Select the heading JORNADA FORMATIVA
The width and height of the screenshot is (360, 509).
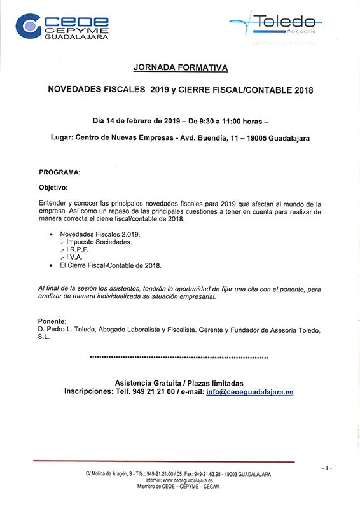click(x=180, y=67)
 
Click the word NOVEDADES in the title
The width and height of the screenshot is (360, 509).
click(x=75, y=90)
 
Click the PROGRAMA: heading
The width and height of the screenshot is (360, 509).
click(x=60, y=172)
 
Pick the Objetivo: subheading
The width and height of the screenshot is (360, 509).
click(x=53, y=188)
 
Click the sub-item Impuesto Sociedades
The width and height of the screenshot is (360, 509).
click(x=98, y=242)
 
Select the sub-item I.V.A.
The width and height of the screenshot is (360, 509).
click(x=74, y=257)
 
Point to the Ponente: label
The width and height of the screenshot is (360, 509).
click(x=52, y=321)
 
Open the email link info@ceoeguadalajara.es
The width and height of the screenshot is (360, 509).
click(x=250, y=392)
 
